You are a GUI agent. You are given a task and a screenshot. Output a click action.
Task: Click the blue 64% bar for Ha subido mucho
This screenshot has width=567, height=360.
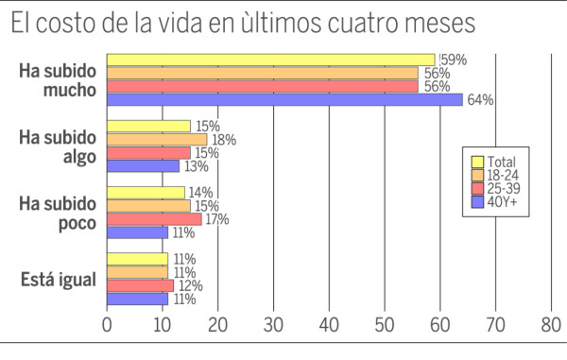(284, 99)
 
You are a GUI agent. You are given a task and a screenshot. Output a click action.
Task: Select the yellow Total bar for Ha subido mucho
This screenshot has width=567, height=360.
(270, 60)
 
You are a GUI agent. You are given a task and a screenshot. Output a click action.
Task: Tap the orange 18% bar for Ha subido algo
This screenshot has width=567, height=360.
(157, 139)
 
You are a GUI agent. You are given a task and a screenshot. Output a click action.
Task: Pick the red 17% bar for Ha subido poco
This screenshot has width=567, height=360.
(154, 219)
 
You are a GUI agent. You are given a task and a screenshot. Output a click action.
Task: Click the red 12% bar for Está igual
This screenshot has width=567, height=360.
(140, 285)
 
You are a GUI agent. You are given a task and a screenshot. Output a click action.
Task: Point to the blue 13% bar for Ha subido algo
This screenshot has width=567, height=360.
(143, 165)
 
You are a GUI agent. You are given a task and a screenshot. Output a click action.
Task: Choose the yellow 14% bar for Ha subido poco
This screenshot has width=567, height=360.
(146, 193)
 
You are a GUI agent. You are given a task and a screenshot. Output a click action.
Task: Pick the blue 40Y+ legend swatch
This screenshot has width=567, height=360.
(477, 201)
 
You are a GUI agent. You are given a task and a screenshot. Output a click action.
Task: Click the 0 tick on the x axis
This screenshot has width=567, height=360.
(107, 323)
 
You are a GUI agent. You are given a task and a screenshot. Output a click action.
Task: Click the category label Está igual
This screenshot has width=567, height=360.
(59, 279)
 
